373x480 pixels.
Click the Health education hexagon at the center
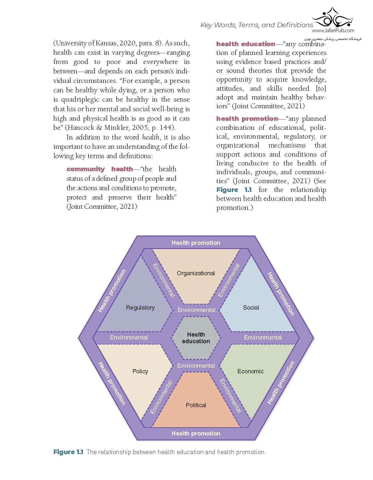(196, 338)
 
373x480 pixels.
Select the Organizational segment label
(196, 273)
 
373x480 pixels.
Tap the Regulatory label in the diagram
(140, 307)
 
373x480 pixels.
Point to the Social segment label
(251, 307)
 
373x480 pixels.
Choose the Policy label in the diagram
(140, 371)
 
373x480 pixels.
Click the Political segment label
(196, 405)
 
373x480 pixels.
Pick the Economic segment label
(250, 371)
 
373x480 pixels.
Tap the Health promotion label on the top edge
(196, 243)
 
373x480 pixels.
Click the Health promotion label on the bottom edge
(196, 433)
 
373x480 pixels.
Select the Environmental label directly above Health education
(196, 310)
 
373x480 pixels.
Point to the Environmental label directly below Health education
(196, 366)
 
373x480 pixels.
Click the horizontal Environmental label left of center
(129, 337)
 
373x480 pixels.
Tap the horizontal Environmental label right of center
(263, 337)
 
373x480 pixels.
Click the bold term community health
(100, 169)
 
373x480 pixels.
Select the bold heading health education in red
(245, 44)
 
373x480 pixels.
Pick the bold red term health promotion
(247, 119)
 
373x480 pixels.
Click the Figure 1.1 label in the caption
(68, 452)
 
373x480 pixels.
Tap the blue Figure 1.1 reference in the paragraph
(234, 190)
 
